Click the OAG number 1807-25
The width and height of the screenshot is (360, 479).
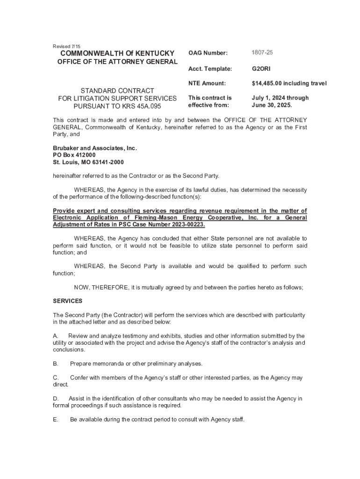(x=262, y=53)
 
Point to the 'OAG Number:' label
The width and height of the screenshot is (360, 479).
(x=208, y=53)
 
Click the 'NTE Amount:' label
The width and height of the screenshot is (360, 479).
(x=207, y=83)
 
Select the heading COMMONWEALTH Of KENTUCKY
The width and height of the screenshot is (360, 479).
(x=115, y=53)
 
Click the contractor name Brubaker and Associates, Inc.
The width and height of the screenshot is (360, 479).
(x=95, y=148)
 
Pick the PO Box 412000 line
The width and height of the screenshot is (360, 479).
(x=74, y=155)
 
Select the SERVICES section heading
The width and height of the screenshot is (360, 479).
(x=67, y=301)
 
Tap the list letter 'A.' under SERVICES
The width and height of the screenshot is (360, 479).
(x=56, y=336)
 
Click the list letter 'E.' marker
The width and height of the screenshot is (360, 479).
(x=56, y=420)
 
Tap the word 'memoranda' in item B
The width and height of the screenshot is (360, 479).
(x=112, y=363)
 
